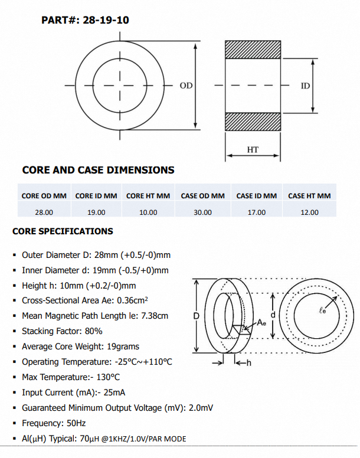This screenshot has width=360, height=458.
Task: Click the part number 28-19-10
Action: click(106, 20)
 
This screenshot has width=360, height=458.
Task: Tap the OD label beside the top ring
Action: click(186, 86)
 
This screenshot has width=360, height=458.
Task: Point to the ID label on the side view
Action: click(305, 86)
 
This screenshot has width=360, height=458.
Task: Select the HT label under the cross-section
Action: click(253, 149)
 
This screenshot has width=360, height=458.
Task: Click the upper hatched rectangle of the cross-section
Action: click(253, 50)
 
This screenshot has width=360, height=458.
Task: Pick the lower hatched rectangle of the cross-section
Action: click(253, 121)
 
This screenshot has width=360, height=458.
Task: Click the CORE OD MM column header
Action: click(44, 196)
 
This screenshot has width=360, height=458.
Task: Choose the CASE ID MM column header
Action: click(257, 196)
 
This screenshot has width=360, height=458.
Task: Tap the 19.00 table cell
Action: click(96, 212)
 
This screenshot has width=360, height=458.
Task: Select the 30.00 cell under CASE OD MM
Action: click(202, 212)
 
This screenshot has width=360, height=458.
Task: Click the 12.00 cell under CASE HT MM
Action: click(309, 212)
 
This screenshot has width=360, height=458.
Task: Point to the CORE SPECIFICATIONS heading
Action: click(63, 231)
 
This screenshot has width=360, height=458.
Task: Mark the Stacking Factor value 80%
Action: click(93, 331)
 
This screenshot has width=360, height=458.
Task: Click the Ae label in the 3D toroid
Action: click(261, 323)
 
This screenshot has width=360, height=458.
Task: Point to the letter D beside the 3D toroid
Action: click(197, 316)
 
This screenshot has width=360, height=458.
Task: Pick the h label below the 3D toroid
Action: click(248, 363)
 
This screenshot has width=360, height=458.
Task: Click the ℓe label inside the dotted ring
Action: click(322, 310)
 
